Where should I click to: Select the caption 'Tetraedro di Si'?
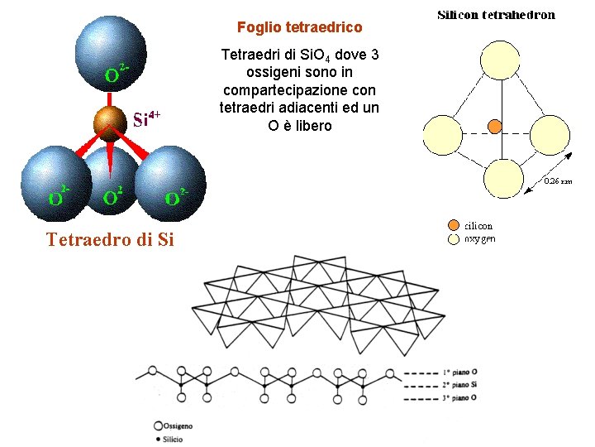pos(110,241)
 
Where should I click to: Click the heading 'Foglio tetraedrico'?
pos(299,27)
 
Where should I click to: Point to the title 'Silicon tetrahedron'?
pos(496,15)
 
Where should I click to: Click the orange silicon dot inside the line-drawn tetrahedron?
pos(494,127)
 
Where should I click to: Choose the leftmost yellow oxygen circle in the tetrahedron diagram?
pos(445,135)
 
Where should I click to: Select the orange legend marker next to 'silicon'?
pos(453,225)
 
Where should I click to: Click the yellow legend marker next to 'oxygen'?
pos(453,238)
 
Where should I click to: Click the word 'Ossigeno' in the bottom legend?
pos(178,425)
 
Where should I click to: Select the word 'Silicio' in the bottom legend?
pos(173,439)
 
